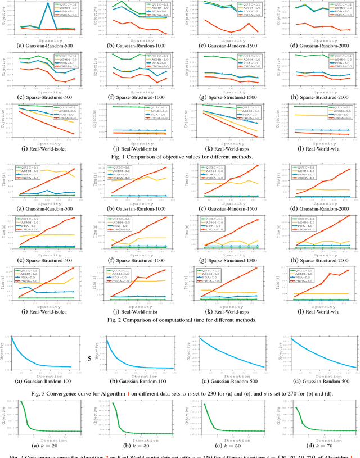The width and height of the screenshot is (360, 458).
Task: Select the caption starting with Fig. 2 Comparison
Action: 180,320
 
